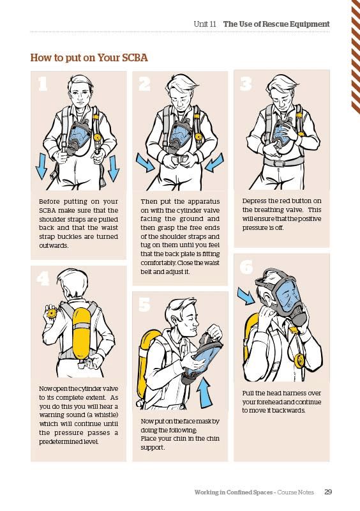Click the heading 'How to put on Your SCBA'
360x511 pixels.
point(89,57)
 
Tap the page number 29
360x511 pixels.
point(328,492)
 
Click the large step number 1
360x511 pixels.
point(43,84)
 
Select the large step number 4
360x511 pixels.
point(43,278)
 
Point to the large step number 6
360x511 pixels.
point(246,267)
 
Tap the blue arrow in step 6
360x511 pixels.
point(245,296)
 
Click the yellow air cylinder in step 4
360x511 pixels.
point(81,334)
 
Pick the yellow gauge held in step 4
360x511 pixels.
point(51,313)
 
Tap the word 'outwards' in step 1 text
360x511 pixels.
point(53,245)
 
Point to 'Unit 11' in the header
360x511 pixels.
point(205,24)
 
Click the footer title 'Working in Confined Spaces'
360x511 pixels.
point(233,492)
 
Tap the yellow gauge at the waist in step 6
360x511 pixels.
point(299,360)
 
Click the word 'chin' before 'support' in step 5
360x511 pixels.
point(213,438)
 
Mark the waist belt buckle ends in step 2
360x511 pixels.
point(180,160)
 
